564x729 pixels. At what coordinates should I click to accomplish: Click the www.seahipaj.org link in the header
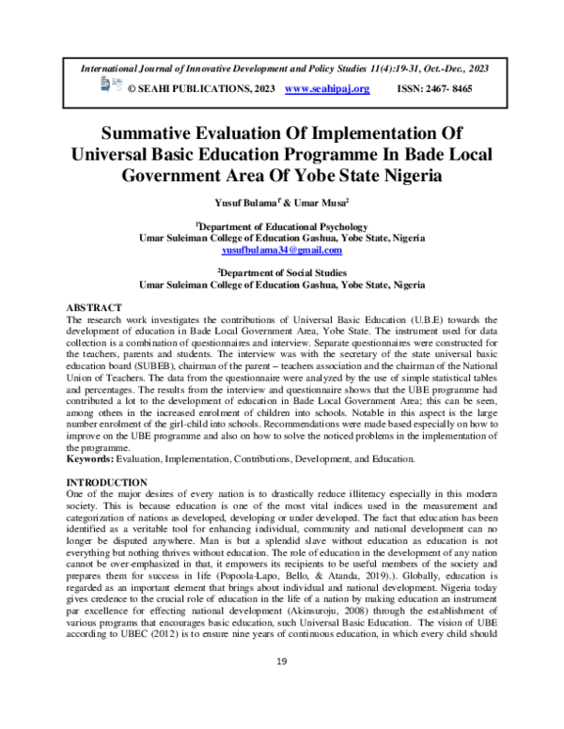[326, 88]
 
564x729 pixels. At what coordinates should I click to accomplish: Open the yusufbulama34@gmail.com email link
[281, 252]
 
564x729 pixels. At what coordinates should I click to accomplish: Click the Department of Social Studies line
[282, 271]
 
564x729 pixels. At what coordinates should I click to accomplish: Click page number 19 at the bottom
[281, 689]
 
